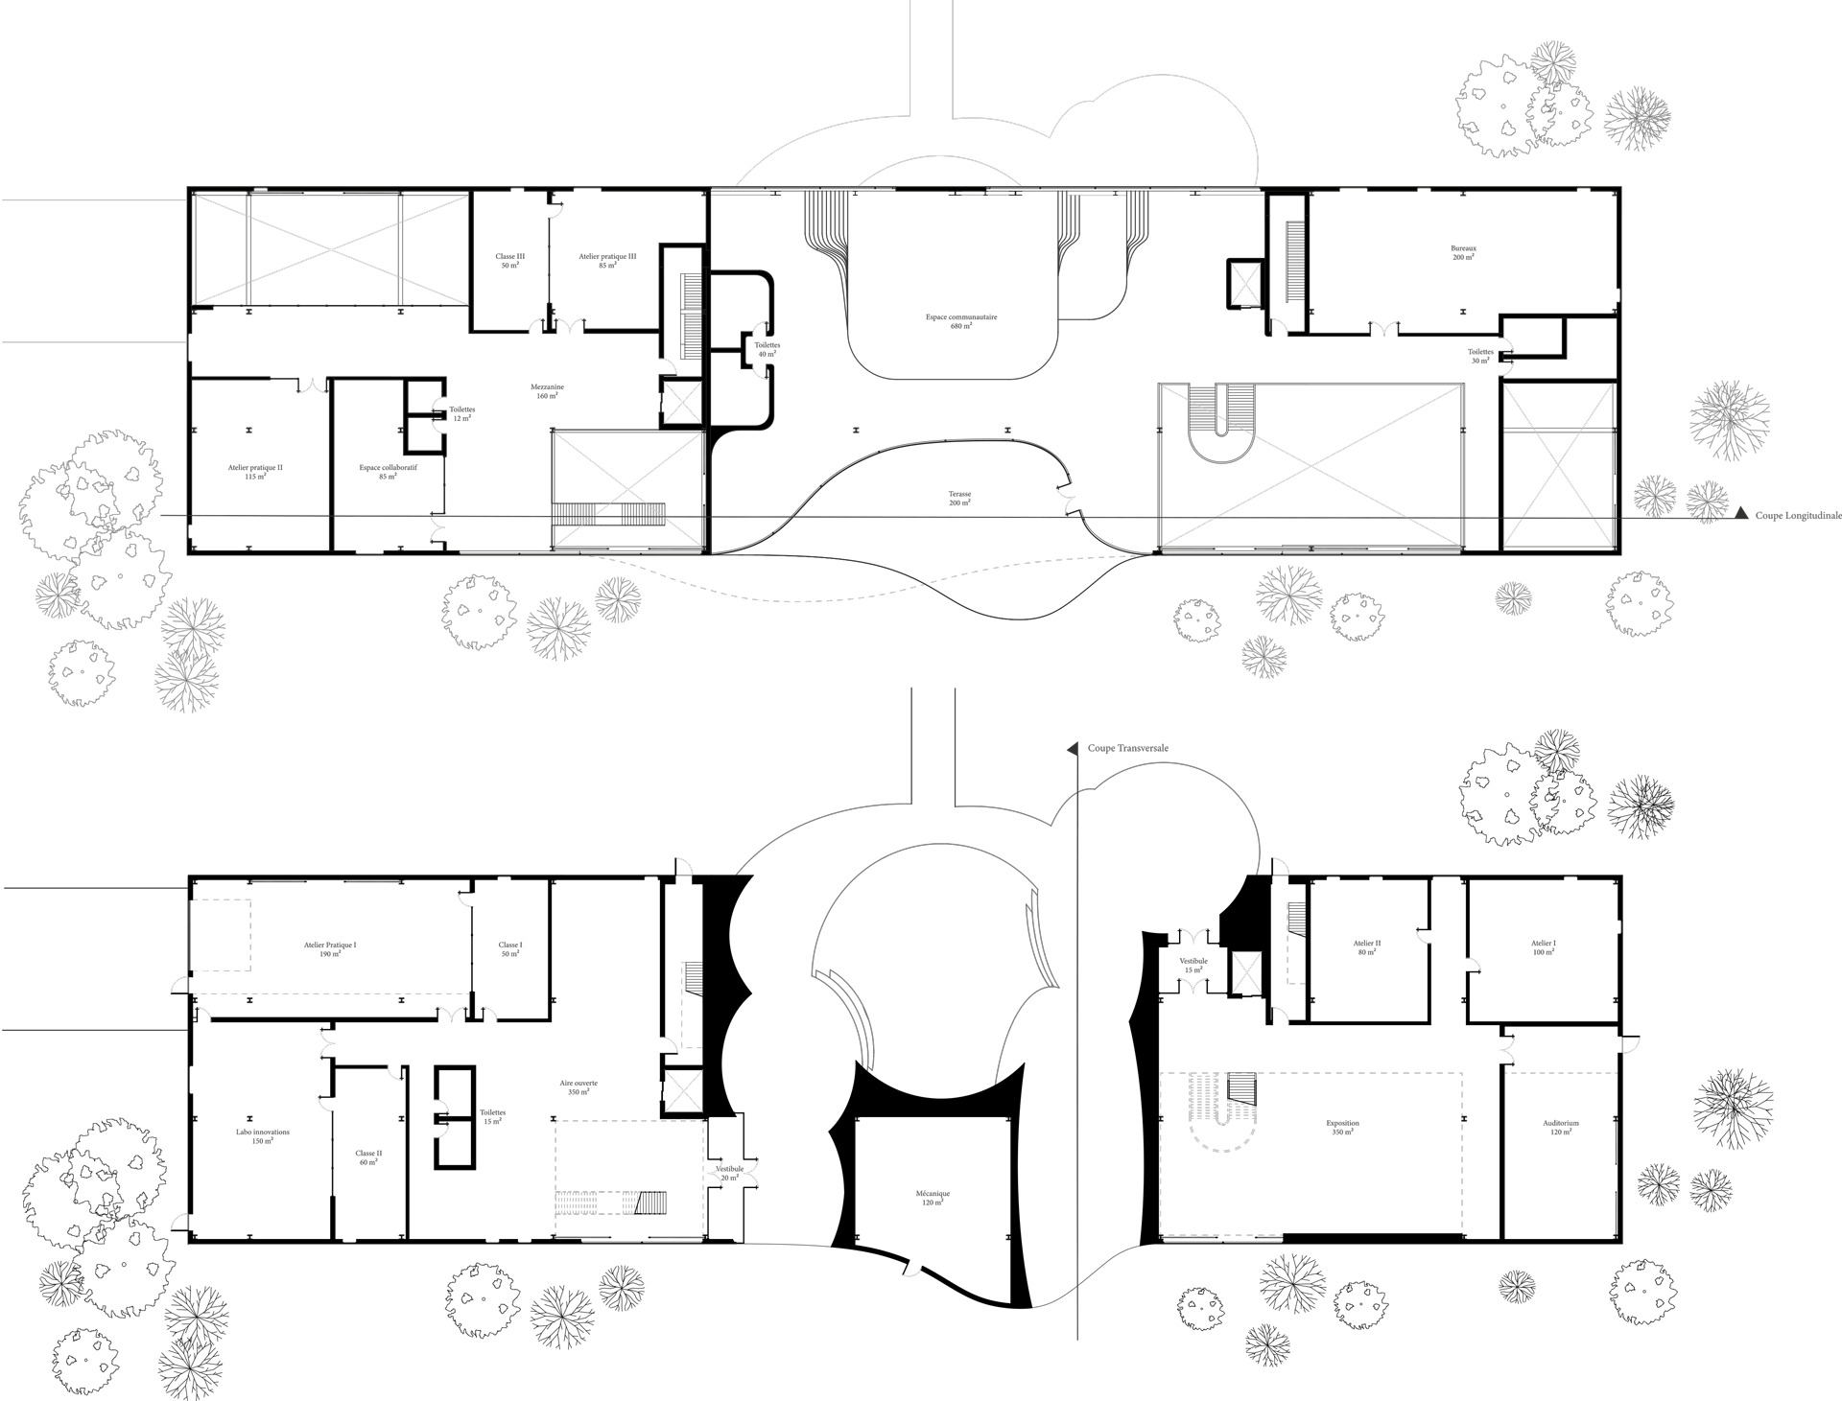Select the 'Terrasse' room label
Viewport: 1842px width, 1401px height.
tap(960, 496)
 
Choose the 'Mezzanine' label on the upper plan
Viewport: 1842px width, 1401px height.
tap(547, 388)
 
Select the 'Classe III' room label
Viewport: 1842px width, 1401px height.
tap(509, 257)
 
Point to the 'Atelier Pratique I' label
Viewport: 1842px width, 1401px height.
tap(330, 946)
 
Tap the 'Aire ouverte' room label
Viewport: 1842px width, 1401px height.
tap(579, 1085)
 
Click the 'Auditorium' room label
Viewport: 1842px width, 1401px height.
tap(1561, 1123)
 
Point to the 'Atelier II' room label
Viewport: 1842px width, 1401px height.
tap(1367, 944)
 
